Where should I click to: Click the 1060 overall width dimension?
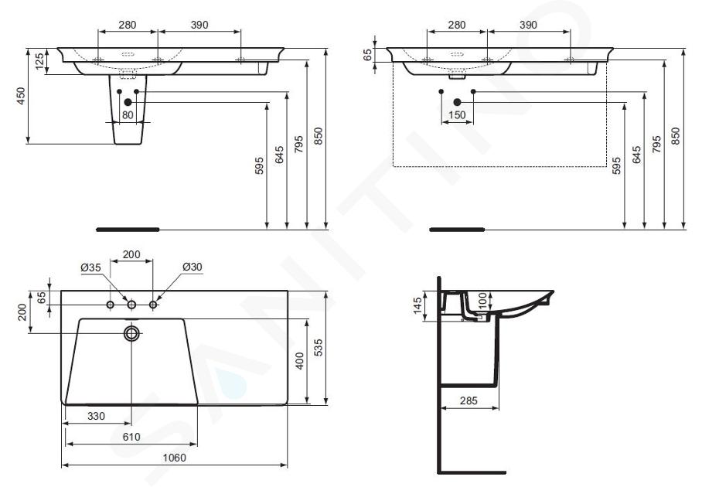[174, 458]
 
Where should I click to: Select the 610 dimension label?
[131, 437]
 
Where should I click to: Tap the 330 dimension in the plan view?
[96, 417]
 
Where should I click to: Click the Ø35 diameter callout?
[91, 267]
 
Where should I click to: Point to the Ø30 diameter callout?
[193, 267]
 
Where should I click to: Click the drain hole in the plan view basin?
[131, 333]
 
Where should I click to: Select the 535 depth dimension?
[318, 348]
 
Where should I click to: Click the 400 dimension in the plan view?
[299, 361]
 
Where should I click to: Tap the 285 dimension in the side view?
[469, 400]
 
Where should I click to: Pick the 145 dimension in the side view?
[417, 306]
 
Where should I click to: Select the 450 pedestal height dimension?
[21, 96]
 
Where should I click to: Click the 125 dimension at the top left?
[40, 61]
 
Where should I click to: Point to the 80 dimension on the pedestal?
[128, 115]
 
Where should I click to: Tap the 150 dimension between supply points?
[457, 115]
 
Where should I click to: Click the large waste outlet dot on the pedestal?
[128, 103]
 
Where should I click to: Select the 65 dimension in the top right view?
[367, 55]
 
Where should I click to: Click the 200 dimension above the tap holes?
[131, 254]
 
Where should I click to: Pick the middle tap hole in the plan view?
[131, 305]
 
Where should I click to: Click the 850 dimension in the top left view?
[318, 136]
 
